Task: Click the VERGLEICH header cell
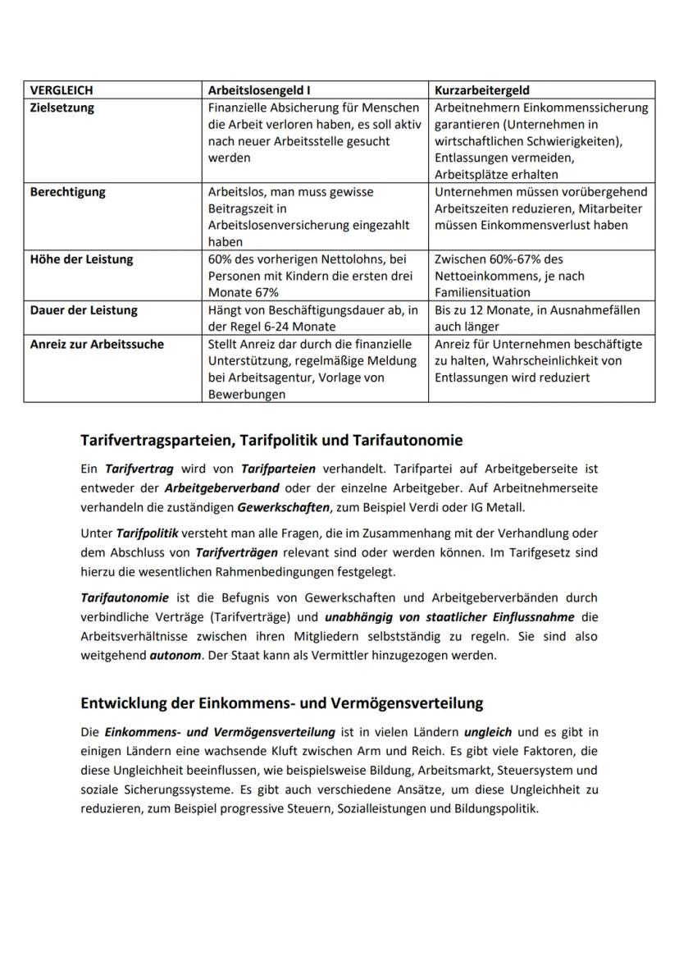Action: (61, 90)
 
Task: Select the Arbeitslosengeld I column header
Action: (259, 90)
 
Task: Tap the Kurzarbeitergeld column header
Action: (481, 90)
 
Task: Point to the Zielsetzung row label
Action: (62, 108)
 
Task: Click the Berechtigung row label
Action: (67, 192)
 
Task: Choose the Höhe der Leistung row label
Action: (82, 259)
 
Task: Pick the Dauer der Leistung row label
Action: (84, 310)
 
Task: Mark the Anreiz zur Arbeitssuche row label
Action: (97, 344)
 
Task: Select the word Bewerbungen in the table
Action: (247, 394)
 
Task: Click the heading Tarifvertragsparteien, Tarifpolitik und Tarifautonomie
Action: (271, 441)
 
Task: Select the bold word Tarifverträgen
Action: (237, 552)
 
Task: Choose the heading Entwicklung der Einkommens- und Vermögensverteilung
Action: (281, 703)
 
